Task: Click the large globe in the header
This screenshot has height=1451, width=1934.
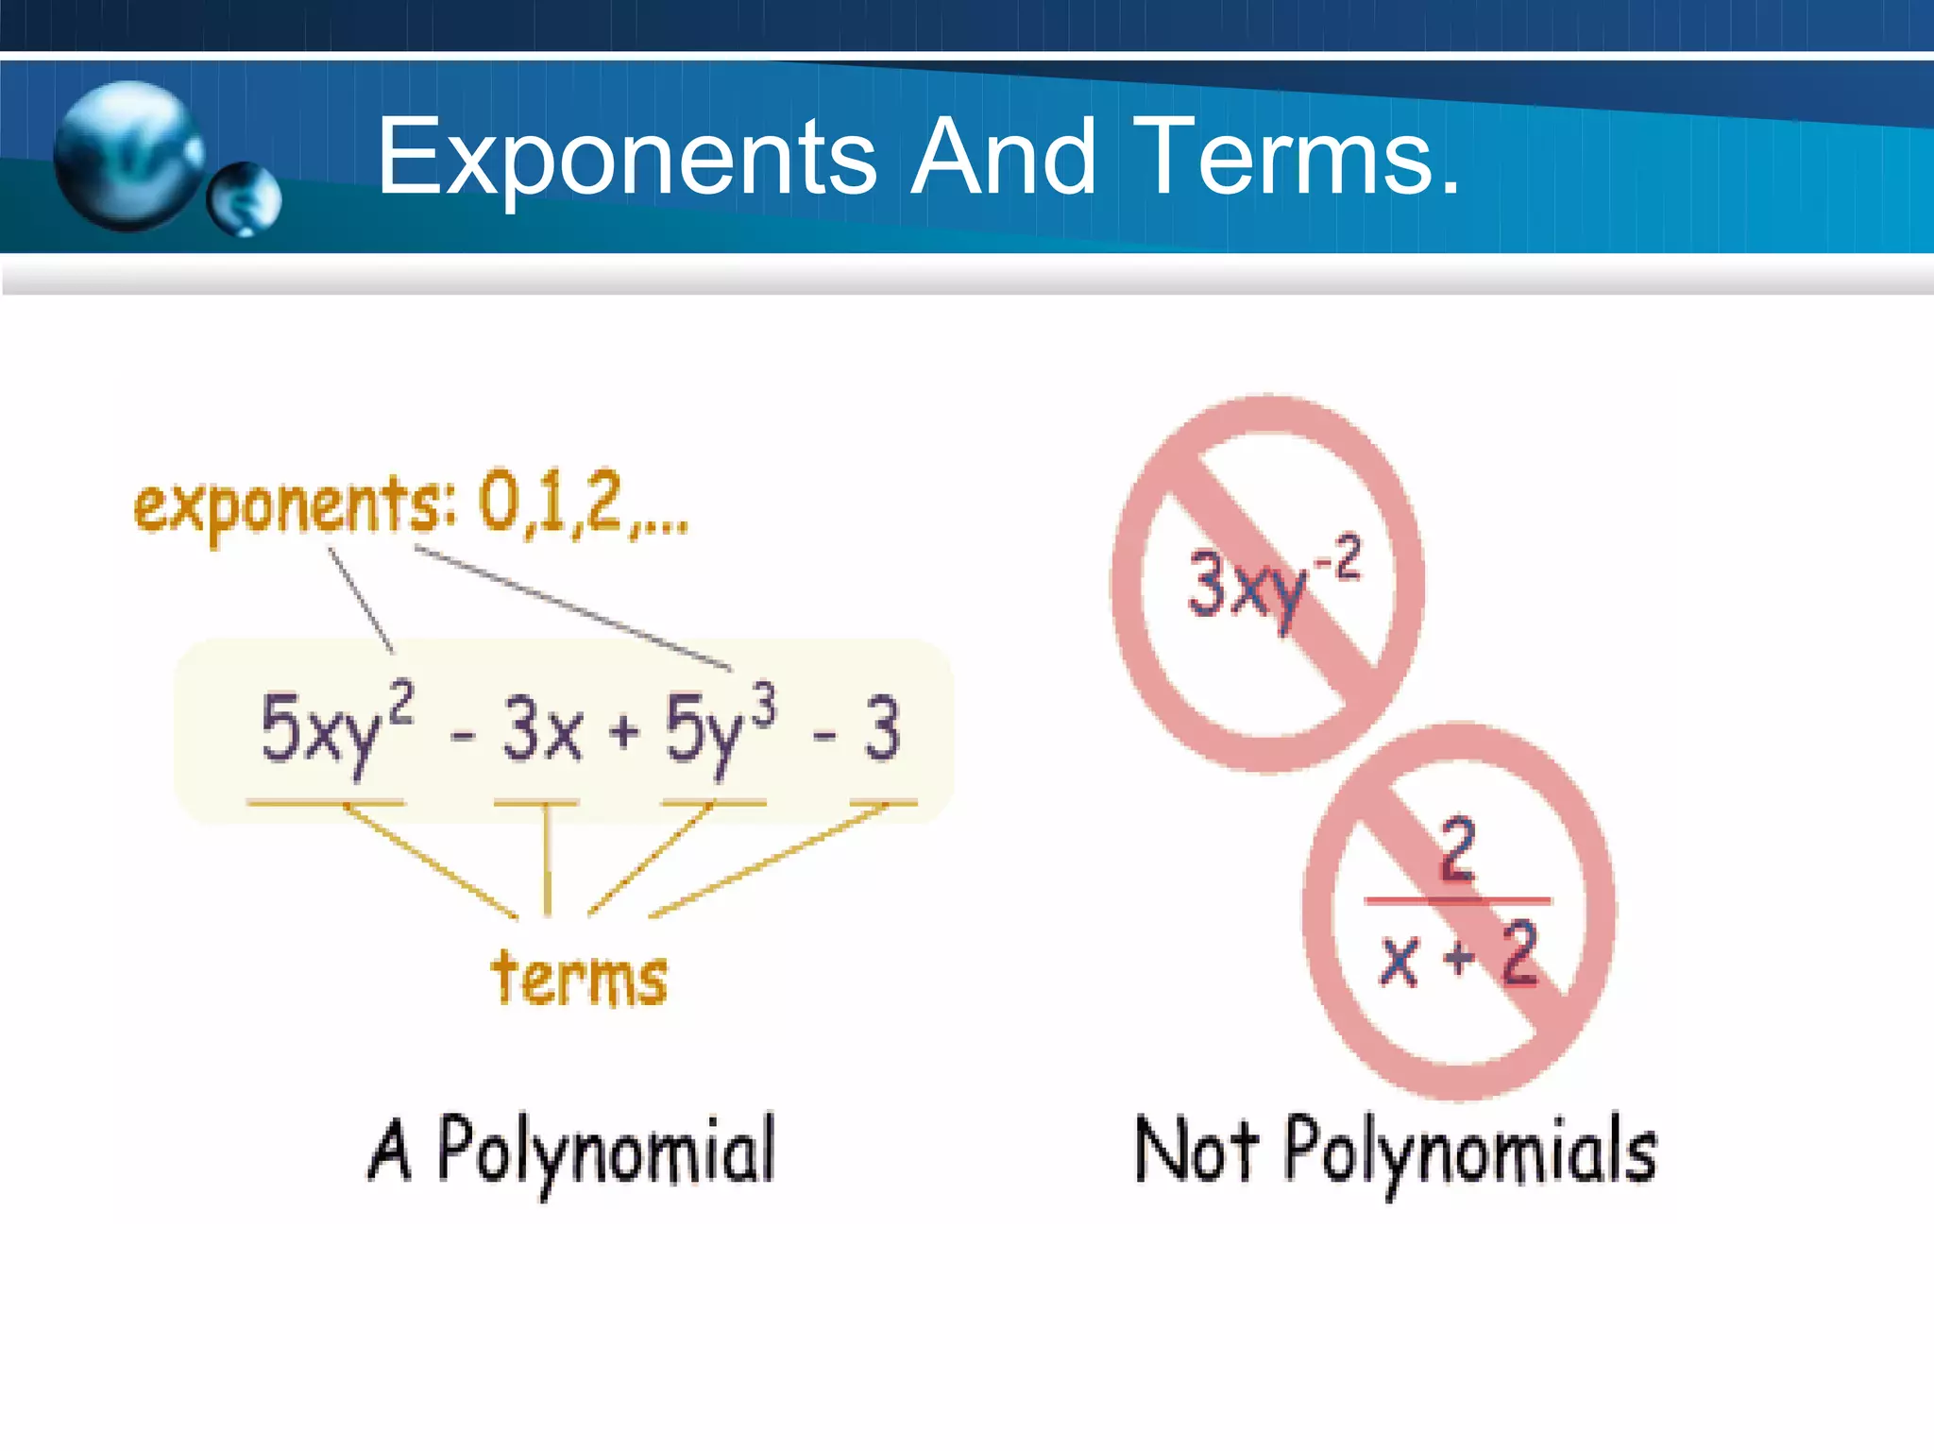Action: [x=127, y=155]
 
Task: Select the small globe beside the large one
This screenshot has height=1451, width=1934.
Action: [x=245, y=197]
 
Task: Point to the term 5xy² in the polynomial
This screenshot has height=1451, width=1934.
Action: [x=335, y=728]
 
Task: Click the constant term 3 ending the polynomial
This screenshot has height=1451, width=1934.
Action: [x=882, y=728]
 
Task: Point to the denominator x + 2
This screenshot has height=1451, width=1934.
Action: [x=1459, y=956]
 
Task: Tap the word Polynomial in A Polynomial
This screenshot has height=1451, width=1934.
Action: [x=605, y=1151]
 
